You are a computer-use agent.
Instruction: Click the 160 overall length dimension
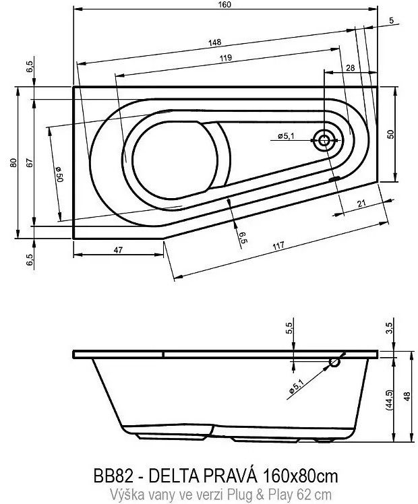pos(226,5)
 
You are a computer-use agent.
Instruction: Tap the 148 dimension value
pos(215,42)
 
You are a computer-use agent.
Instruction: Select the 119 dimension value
pos(226,58)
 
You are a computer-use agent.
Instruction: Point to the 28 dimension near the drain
pos(351,68)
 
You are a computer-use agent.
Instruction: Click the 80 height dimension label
pos(13,162)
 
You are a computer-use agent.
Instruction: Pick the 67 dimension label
pos(30,162)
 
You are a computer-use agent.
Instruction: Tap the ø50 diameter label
pos(59,174)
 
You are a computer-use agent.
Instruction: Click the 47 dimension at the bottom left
pos(119,250)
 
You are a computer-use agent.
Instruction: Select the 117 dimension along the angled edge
pos(278,246)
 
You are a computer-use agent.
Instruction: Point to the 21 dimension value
pos(361,203)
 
